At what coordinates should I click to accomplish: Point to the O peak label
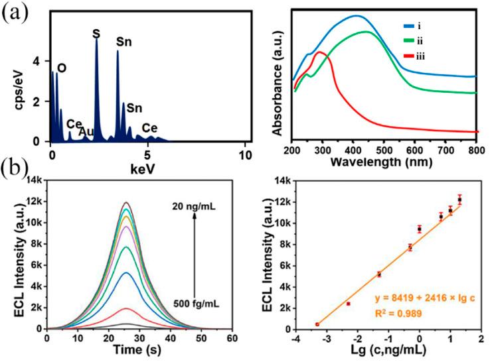(x=62, y=67)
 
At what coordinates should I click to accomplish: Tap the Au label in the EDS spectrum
(x=86, y=131)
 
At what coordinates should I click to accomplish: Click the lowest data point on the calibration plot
(x=317, y=324)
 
